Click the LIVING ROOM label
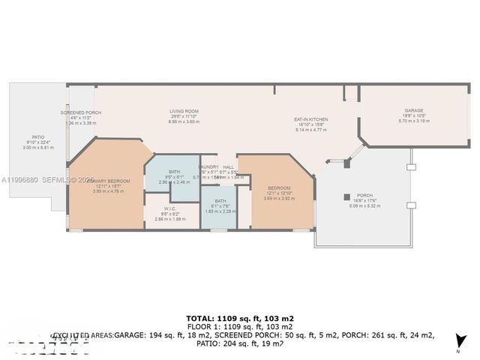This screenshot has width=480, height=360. pos(182,112)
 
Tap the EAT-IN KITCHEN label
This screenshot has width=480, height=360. pos(311,119)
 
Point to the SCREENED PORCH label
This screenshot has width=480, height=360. pos(81,112)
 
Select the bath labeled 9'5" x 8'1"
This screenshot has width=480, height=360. pos(175,172)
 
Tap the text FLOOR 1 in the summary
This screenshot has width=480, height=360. pos(204,327)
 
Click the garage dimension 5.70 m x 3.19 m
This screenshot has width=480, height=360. pos(414,121)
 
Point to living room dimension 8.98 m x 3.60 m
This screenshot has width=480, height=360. pos(182,121)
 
